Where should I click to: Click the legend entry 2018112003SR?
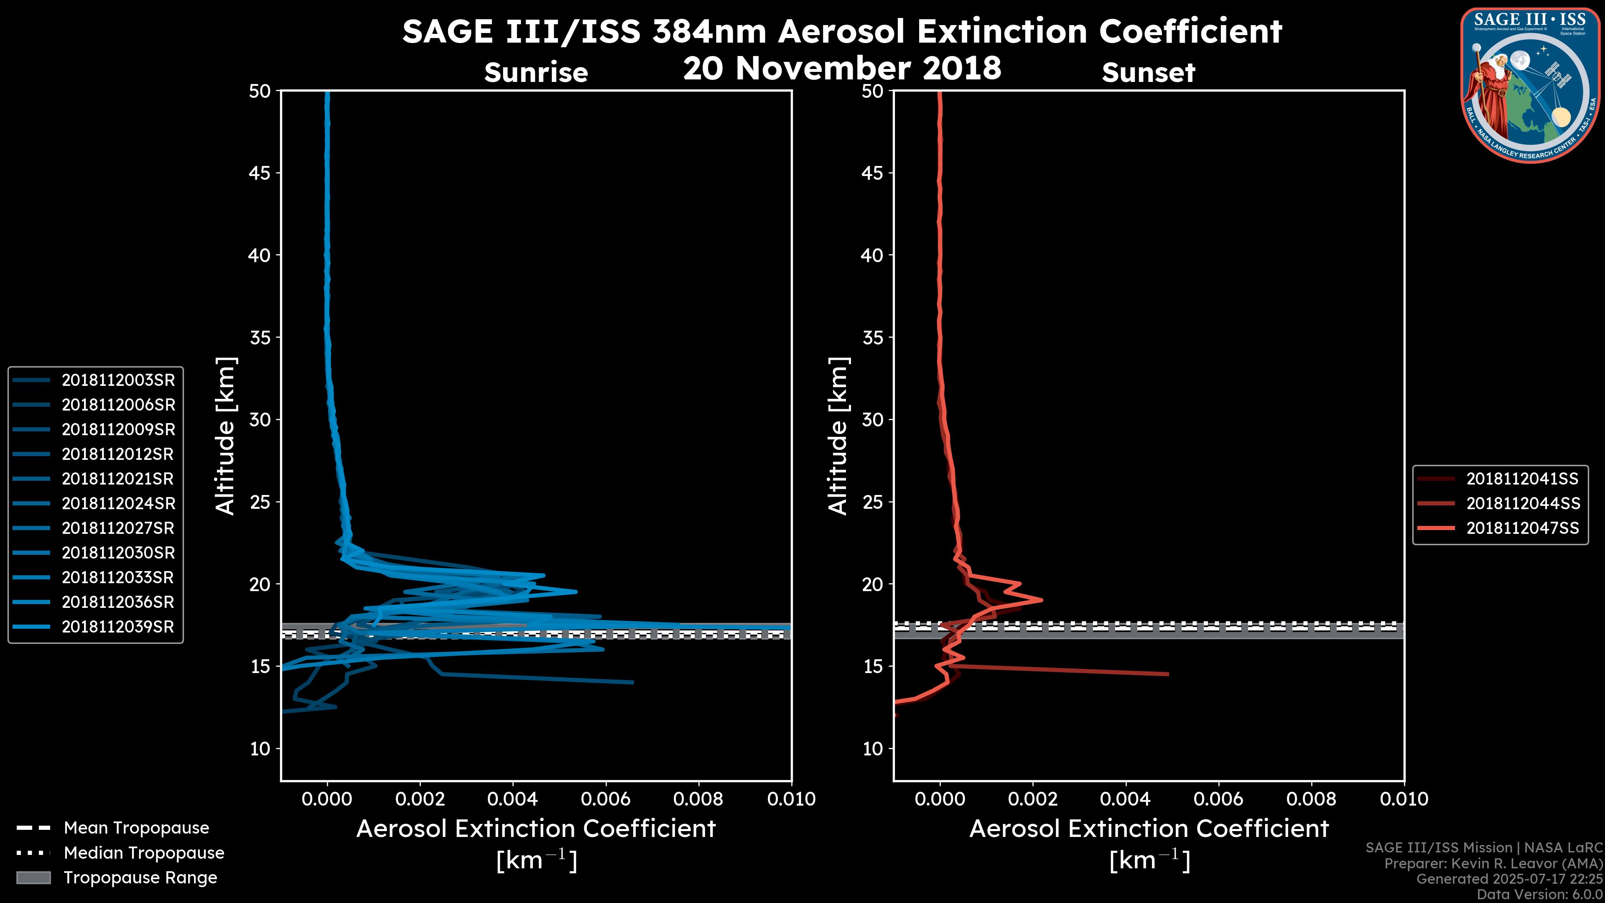click(x=118, y=380)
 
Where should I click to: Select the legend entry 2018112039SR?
click(x=118, y=627)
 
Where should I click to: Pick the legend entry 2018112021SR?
click(x=118, y=479)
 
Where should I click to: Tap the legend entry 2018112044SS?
click(x=1523, y=503)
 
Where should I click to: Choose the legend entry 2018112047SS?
click(x=1523, y=528)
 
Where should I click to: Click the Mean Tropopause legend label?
click(x=136, y=828)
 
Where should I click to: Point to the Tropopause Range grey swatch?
click(x=33, y=878)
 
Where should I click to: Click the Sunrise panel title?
click(x=536, y=73)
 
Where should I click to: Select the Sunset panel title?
click(x=1148, y=73)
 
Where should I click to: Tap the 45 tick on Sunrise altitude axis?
click(x=260, y=173)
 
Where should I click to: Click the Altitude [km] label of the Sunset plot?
click(x=838, y=436)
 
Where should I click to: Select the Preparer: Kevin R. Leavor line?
click(x=1493, y=864)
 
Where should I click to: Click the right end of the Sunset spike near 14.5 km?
click(x=1168, y=673)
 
